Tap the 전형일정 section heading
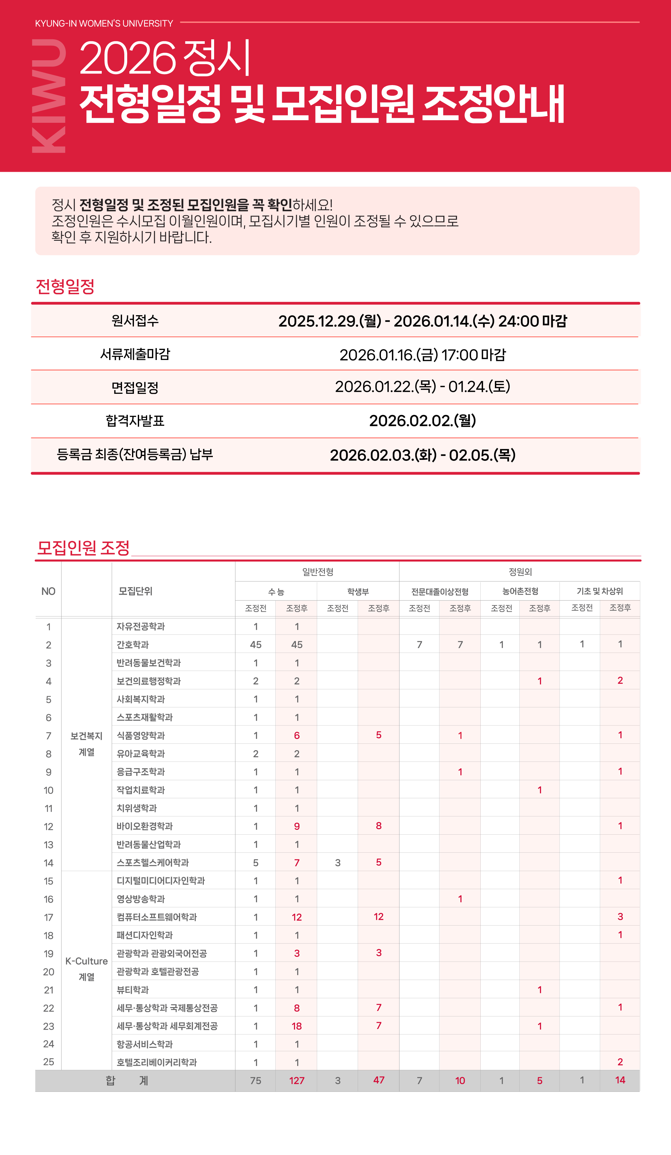65,286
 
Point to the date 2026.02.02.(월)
422,420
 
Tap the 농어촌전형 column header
520,591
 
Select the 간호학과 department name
133,645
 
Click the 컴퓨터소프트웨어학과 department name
157,917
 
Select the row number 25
49,1062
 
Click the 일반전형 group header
317,572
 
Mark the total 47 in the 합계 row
378,1080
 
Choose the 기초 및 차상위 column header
599,591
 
